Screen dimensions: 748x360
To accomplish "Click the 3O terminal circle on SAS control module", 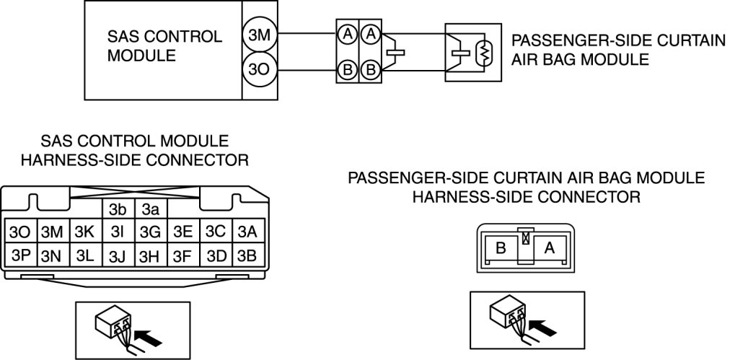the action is [x=260, y=70].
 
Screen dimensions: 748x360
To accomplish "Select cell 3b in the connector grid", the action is [x=118, y=209].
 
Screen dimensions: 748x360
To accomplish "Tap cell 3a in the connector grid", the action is [x=151, y=209].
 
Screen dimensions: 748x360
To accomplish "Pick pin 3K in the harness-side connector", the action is [x=86, y=232].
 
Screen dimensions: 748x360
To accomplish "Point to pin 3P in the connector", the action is [x=20, y=255].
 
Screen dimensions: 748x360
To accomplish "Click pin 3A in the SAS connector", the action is [x=248, y=232].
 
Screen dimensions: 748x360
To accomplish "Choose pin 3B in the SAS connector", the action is [x=248, y=255].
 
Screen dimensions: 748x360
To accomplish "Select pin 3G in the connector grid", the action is [x=151, y=232].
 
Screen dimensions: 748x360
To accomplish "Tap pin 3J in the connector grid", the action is [x=118, y=255].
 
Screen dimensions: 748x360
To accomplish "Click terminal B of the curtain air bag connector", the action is [x=501, y=248].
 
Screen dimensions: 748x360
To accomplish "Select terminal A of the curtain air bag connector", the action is [x=550, y=248].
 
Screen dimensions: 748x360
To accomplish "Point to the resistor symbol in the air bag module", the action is [x=484, y=53].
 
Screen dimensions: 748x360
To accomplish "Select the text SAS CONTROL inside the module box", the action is [x=164, y=37].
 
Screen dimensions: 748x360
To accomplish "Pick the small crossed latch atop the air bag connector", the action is [x=526, y=237].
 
